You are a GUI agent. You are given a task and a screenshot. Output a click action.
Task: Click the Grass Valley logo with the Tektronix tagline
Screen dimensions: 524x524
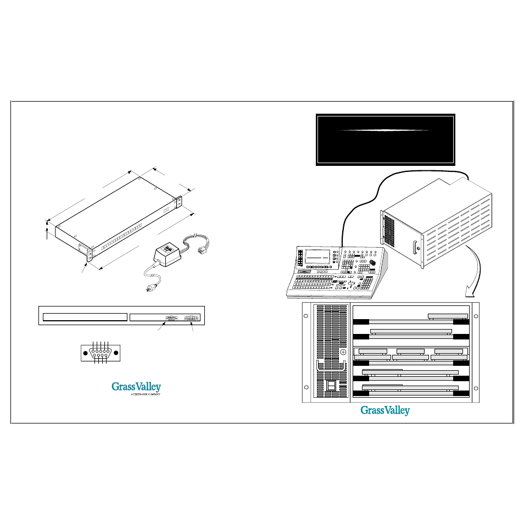pos(136,388)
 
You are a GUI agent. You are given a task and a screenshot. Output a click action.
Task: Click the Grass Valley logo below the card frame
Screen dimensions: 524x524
pos(384,410)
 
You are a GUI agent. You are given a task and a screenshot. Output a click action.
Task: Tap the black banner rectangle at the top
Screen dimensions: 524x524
pos(385,140)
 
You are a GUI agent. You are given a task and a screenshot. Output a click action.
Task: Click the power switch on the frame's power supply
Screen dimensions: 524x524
pos(332,386)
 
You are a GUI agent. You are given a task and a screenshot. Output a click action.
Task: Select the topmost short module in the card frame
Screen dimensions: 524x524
pos(448,316)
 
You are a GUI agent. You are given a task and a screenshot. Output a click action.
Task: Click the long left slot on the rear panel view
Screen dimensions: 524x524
pos(85,317)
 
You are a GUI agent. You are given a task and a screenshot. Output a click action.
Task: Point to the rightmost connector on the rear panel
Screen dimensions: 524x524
pos(192,317)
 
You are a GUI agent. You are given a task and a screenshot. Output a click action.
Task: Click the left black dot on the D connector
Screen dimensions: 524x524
pos(85,352)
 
